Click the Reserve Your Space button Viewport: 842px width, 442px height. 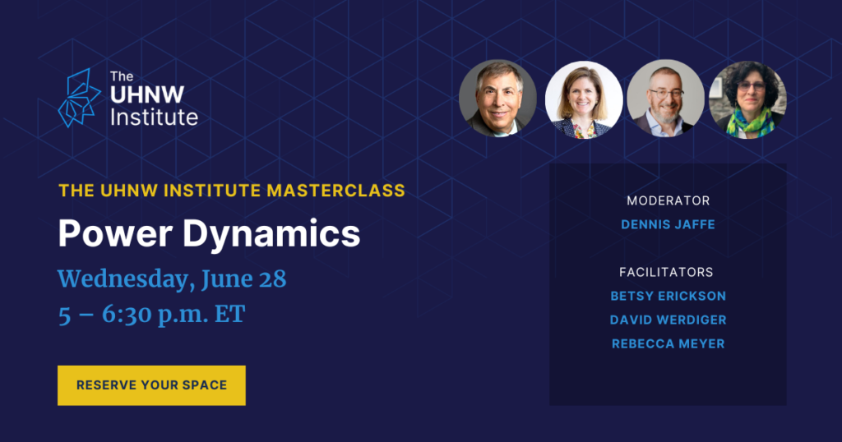pos(151,385)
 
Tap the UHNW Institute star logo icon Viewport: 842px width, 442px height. pos(79,98)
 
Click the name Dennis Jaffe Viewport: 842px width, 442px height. pos(668,224)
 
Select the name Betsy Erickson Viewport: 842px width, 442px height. pos(668,296)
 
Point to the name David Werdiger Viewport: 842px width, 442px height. pos(668,320)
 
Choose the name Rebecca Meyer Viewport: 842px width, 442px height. pos(668,344)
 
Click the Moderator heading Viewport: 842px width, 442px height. pos(668,200)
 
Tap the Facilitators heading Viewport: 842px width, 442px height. pos(666,272)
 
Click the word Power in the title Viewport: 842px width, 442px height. pos(115,233)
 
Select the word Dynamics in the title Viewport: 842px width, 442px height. pos(271,234)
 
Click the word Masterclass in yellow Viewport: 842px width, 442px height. pos(336,191)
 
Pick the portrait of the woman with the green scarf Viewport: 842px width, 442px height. pos(747,99)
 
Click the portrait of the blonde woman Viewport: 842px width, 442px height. pos(584,99)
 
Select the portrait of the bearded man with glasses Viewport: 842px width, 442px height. pos(665,98)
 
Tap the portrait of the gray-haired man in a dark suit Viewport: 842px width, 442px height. pos(497,98)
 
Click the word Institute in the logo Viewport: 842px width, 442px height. pos(154,117)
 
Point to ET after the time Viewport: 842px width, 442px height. pos(230,315)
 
